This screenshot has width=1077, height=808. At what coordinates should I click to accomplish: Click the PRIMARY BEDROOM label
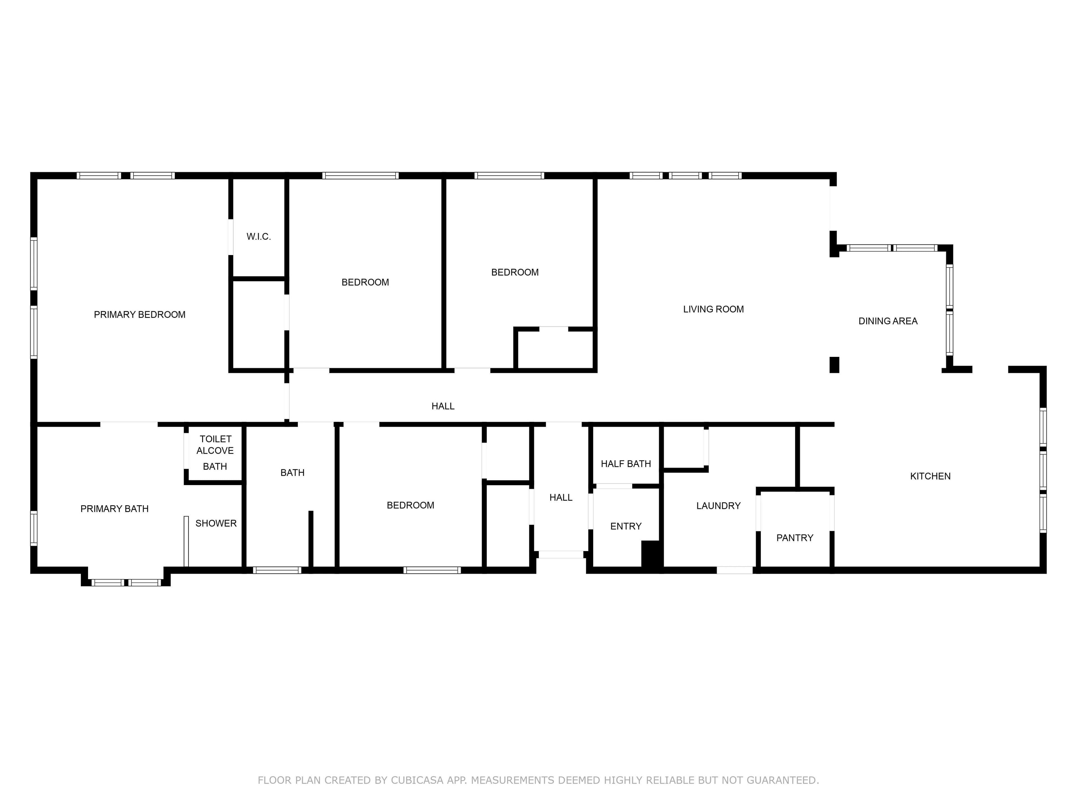(140, 315)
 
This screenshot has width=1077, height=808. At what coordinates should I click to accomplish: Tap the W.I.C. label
(259, 237)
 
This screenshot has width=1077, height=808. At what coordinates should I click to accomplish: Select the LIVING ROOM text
(713, 309)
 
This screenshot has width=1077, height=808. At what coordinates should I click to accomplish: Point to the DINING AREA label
(888, 321)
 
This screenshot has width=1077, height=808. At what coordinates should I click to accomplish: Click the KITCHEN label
(930, 476)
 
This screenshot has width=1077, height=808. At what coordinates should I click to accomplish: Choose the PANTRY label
(795, 538)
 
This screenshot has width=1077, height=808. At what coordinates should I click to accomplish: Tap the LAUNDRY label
(718, 506)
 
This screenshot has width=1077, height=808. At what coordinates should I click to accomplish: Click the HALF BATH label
(626, 464)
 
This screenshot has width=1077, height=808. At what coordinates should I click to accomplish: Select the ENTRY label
(626, 527)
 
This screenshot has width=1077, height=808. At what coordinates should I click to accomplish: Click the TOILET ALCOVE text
(215, 445)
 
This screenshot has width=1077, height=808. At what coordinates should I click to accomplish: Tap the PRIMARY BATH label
(114, 509)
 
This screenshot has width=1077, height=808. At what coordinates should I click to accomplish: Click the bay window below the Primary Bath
(126, 582)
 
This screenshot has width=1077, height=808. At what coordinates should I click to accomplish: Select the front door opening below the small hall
(561, 554)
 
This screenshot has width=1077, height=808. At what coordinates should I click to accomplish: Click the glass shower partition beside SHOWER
(186, 541)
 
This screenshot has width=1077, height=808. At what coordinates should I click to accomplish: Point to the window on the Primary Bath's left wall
(34, 527)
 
